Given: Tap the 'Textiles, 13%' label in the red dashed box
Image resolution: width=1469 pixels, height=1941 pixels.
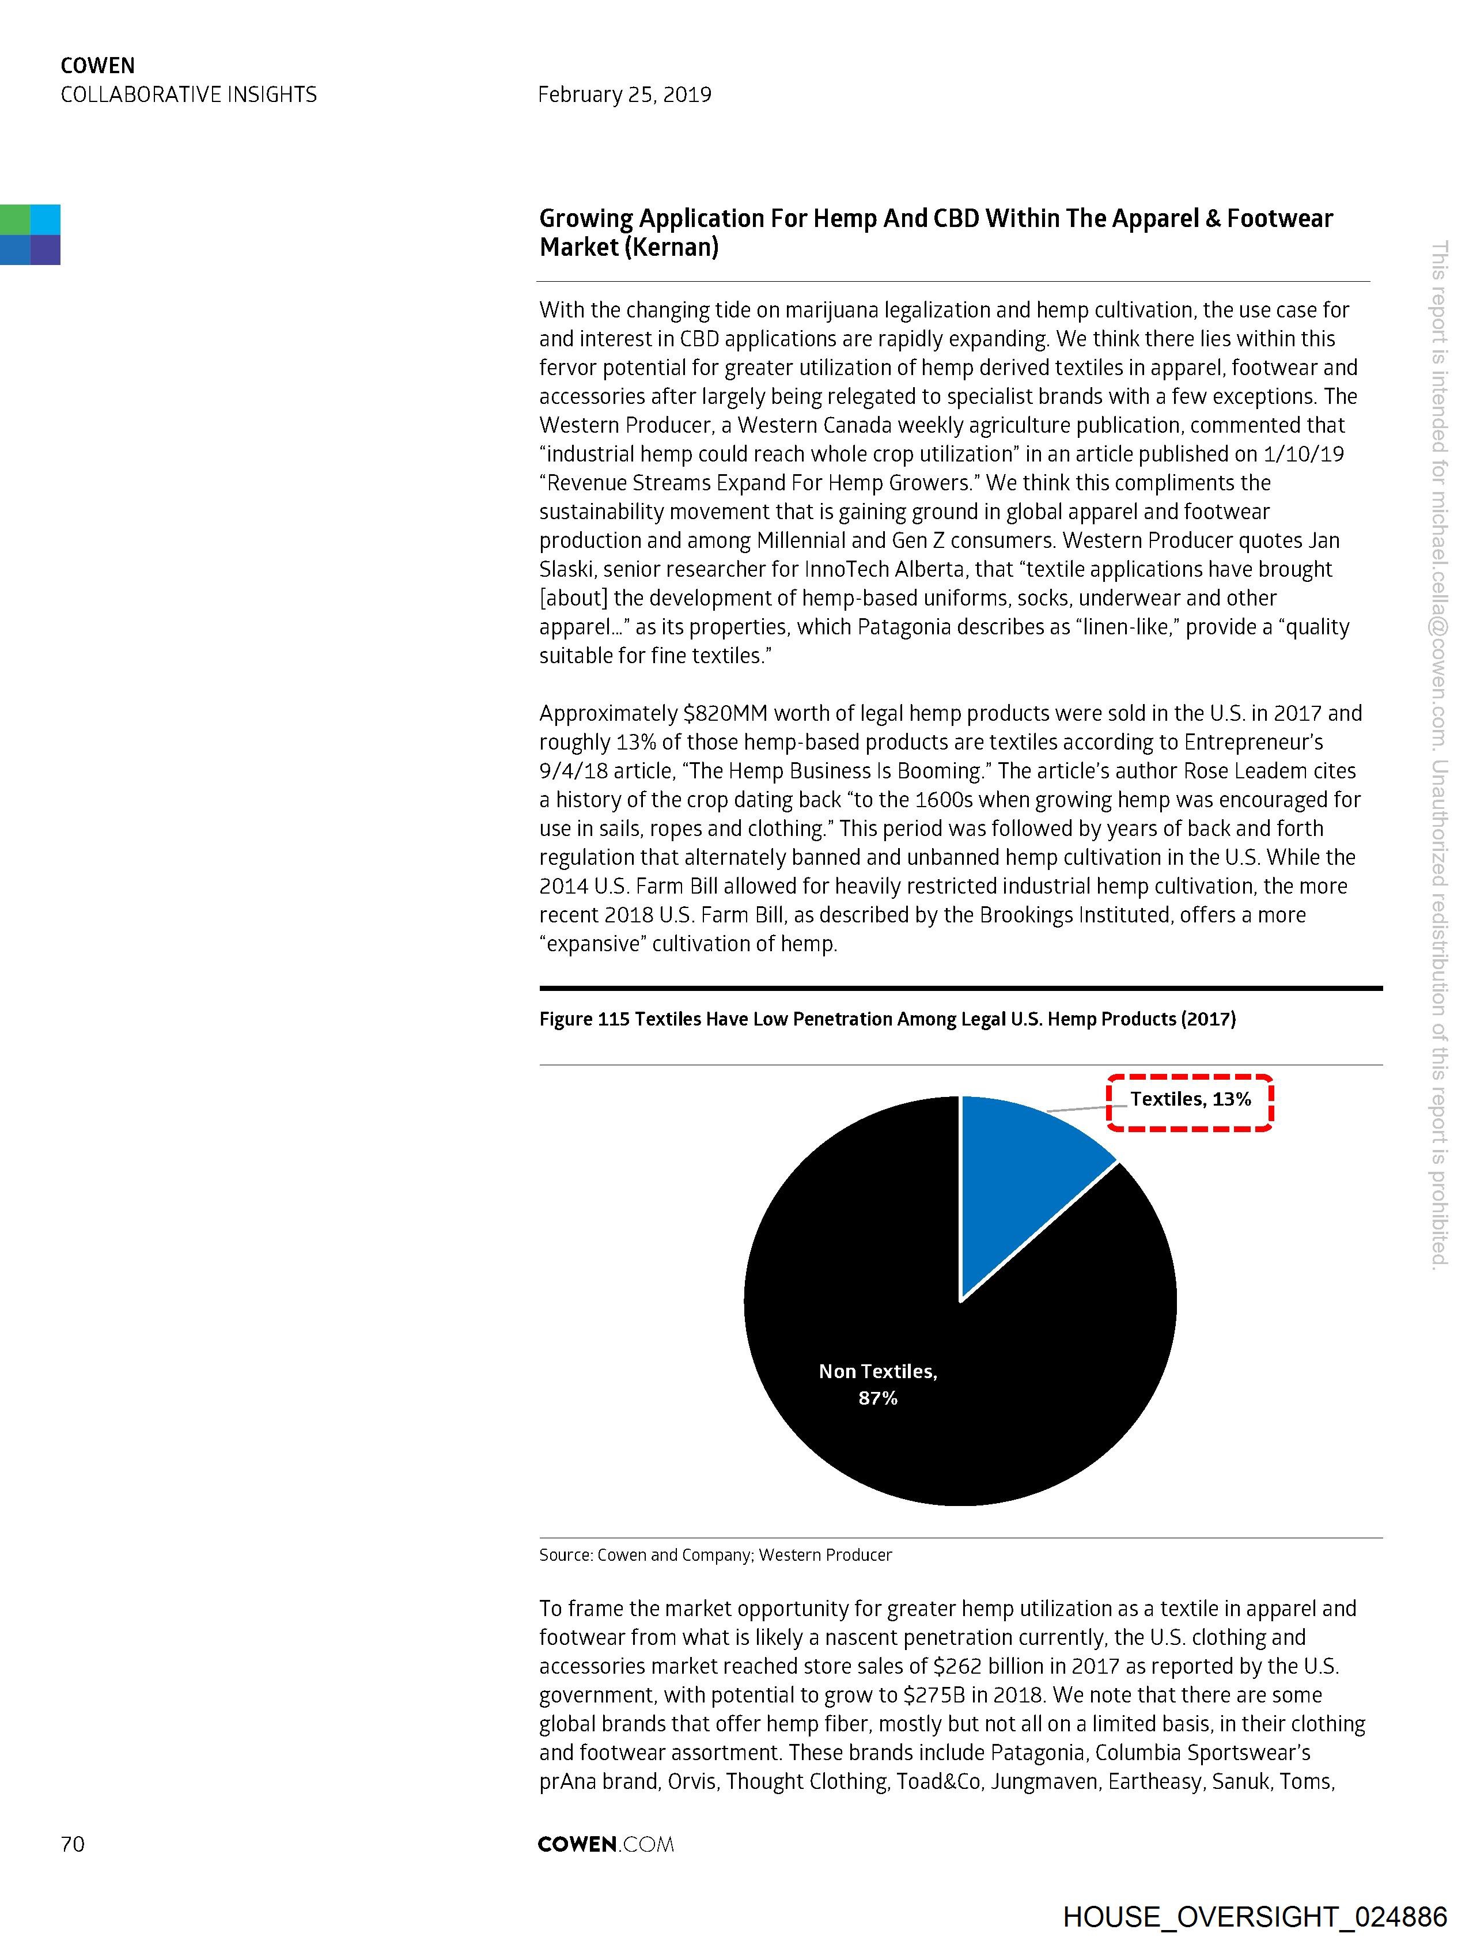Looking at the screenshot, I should tap(1190, 1099).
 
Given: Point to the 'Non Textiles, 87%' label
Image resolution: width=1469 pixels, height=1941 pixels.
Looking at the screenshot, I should tap(877, 1384).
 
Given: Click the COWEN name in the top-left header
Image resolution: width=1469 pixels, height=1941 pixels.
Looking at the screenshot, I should tap(97, 66).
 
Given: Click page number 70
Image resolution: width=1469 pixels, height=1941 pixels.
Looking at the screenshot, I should tap(73, 1844).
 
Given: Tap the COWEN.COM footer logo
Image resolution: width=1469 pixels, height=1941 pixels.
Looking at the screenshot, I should tap(605, 1844).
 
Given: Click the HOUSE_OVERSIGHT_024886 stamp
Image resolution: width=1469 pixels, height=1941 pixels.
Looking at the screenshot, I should tap(1254, 1917).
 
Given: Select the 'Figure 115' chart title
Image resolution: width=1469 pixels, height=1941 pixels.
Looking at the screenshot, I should tap(887, 1019).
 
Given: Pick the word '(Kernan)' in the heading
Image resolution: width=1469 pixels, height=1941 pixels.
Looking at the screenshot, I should tap(672, 248).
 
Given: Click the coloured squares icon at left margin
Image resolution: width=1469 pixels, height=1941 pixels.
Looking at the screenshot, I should tap(30, 234).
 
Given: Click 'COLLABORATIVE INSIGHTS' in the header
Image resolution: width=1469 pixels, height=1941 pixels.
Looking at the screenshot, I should tap(189, 94).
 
